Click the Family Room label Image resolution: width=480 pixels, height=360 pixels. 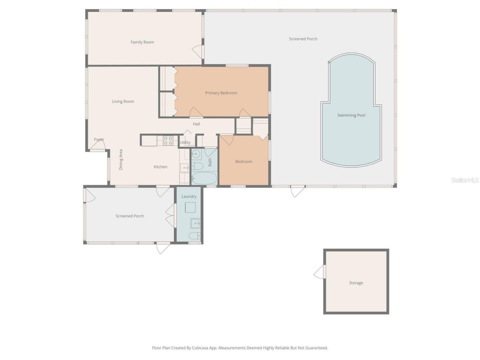pyautogui.click(x=142, y=42)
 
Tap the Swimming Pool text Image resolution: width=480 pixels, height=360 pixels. pyautogui.click(x=351, y=115)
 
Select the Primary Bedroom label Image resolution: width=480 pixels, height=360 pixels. pyautogui.click(x=221, y=93)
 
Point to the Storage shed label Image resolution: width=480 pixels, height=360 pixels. pyautogui.click(x=356, y=283)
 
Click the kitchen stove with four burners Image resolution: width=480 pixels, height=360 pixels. pyautogui.click(x=168, y=141)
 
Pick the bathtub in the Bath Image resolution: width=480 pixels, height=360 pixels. pyautogui.click(x=204, y=178)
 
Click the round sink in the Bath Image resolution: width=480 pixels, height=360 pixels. pyautogui.click(x=196, y=154)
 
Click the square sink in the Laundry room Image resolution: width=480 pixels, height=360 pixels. pyautogui.click(x=195, y=223)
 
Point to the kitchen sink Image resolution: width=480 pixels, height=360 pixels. pyautogui.click(x=184, y=168)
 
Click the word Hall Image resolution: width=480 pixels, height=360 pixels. pyautogui.click(x=196, y=124)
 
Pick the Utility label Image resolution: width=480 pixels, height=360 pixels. pyautogui.click(x=185, y=142)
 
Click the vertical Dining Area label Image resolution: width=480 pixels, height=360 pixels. pyautogui.click(x=121, y=160)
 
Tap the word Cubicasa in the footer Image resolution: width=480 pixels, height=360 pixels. pyautogui.click(x=200, y=348)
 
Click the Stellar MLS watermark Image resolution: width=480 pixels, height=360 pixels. pyautogui.click(x=465, y=180)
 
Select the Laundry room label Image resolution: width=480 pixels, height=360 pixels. pyautogui.click(x=189, y=196)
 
